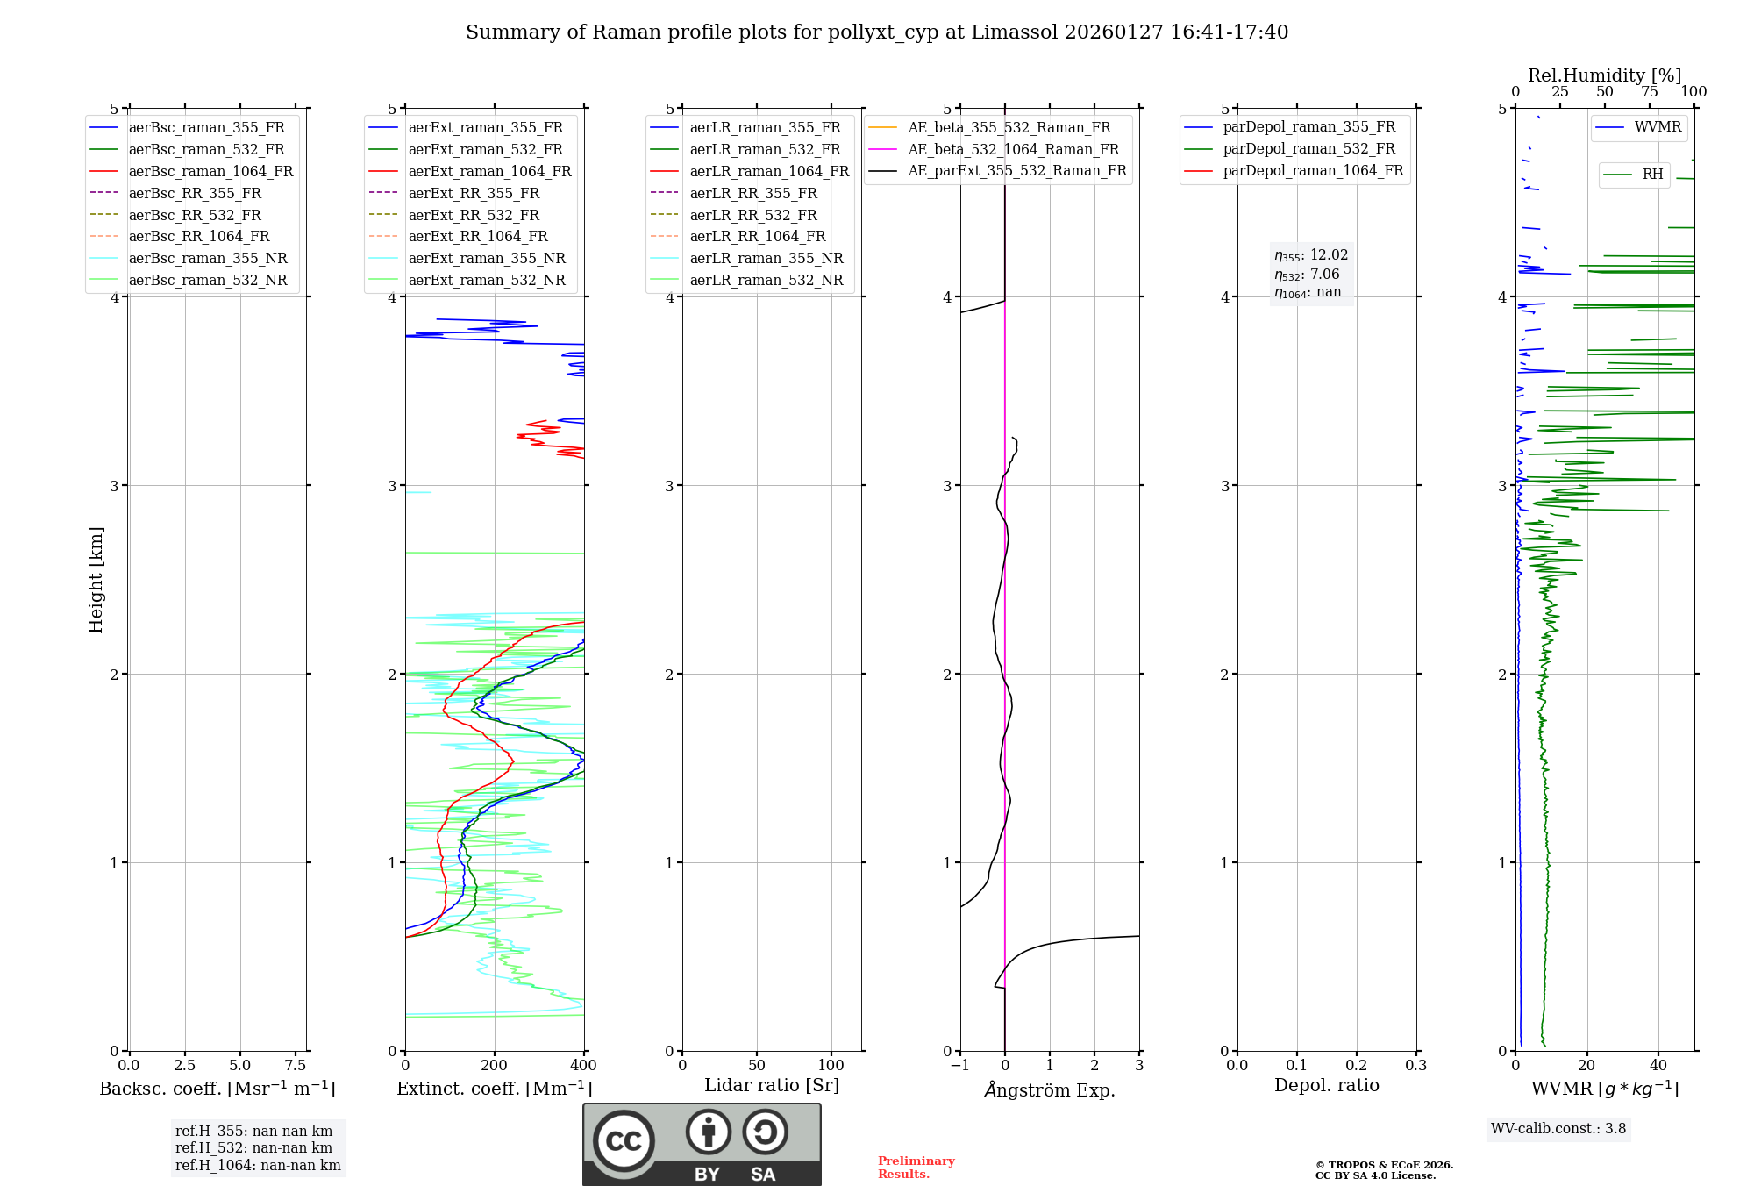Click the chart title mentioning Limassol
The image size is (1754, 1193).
coord(877,32)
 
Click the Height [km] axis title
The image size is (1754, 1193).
coord(96,579)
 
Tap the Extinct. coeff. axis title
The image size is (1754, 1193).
coord(494,1089)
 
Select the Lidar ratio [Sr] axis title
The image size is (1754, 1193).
coord(772,1085)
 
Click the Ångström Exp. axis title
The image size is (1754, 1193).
coord(1050,1089)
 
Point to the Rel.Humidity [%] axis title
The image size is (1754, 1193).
coord(1604,75)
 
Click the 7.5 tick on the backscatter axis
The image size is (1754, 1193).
coord(296,1065)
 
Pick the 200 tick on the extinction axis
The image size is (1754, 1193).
coord(495,1065)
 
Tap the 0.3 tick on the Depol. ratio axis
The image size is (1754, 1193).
coord(1415,1065)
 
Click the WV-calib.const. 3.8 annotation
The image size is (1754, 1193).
coord(1558,1129)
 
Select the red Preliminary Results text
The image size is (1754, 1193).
coord(916,1168)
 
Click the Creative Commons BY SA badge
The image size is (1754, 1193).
coord(702,1144)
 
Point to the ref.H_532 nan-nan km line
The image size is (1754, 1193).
coord(253,1147)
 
